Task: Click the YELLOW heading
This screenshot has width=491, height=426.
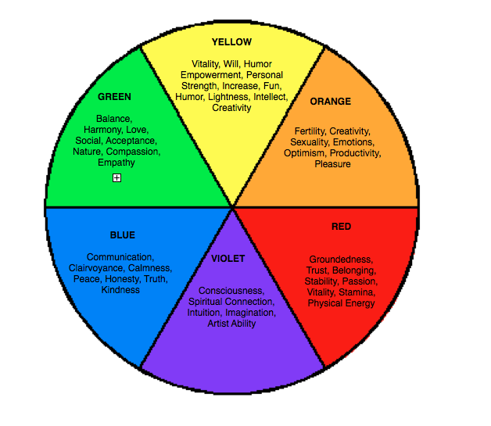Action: (231, 41)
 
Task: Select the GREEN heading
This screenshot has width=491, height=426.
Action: (114, 97)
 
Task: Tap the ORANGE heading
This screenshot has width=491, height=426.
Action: (330, 102)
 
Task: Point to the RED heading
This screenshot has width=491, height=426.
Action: (341, 227)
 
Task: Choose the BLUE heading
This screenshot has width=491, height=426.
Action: (122, 235)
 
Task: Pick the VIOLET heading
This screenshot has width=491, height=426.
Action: (228, 259)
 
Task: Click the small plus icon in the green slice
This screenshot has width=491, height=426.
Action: (116, 178)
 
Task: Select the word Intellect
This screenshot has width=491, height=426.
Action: (270, 97)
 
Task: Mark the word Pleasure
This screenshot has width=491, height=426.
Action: (332, 164)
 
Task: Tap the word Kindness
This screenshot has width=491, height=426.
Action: (120, 290)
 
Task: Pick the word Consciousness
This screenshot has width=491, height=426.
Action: (231, 291)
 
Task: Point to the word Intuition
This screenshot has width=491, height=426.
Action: (205, 313)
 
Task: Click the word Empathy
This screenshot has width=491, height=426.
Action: (116, 163)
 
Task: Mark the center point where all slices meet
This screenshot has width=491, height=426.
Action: (232, 207)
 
